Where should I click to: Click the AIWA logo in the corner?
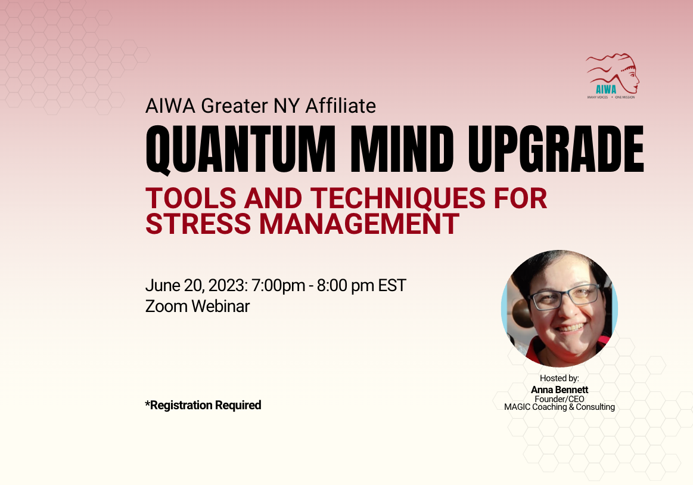coord(612,76)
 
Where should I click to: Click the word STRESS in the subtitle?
coord(198,224)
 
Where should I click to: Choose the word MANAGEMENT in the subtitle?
coord(359,224)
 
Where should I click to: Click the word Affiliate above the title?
coord(341,106)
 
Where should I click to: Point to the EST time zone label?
coord(392,285)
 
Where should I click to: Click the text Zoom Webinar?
coord(198,306)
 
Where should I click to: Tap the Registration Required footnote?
coord(203,405)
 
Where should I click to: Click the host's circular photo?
coord(560,308)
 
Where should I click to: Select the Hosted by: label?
coord(560,378)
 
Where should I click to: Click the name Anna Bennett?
coord(560,390)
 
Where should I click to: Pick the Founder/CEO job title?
coord(560,398)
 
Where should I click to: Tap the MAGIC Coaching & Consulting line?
coord(560,407)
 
